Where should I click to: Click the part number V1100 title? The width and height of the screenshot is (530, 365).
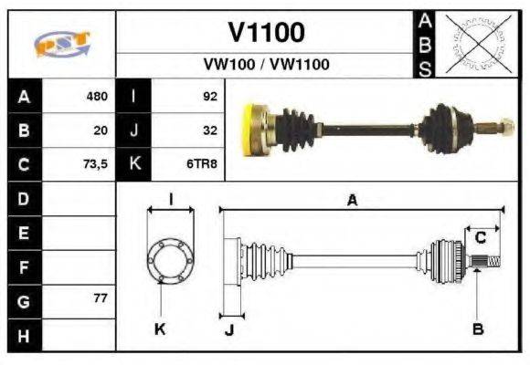(265, 32)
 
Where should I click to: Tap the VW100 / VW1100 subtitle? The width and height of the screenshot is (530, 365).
(265, 64)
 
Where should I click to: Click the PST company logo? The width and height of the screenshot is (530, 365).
(61, 43)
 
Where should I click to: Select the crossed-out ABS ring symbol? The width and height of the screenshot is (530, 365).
(474, 43)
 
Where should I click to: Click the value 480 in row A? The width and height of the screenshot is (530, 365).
(96, 95)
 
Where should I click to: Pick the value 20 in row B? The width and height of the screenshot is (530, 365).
(100, 130)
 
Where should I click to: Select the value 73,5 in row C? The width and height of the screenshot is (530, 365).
(94, 165)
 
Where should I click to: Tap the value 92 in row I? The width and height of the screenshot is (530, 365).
(208, 95)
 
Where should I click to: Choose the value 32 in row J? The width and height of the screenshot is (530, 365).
(208, 130)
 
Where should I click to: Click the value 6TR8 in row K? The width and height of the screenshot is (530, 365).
(203, 165)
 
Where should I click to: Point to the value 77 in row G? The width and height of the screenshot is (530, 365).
(100, 298)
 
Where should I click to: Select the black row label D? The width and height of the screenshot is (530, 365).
(23, 198)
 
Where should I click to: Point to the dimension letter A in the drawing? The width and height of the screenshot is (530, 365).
(352, 202)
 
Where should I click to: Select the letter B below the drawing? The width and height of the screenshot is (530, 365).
(478, 328)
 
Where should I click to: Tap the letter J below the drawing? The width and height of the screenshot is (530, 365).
(229, 329)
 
